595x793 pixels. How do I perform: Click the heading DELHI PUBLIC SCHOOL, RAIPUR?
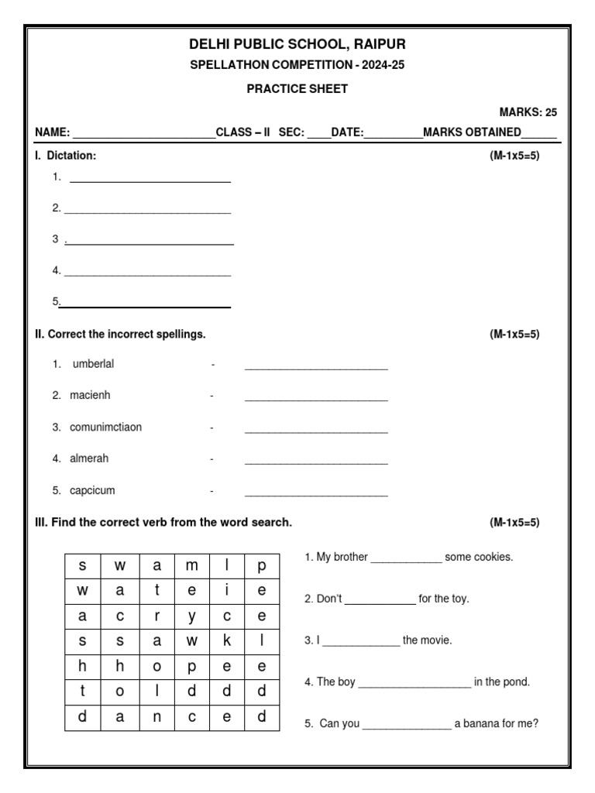(297, 43)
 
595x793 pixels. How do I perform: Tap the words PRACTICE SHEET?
(297, 88)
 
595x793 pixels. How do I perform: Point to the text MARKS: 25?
(528, 112)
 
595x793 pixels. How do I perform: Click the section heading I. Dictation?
(66, 156)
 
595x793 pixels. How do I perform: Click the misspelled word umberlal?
(93, 364)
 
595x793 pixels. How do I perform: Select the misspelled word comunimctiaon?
(106, 427)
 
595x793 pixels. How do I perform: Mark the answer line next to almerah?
(316, 462)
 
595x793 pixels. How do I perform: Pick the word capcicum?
(92, 490)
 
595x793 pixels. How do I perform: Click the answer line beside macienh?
(316, 399)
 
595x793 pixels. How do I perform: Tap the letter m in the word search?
(192, 565)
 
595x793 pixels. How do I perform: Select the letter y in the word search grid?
(192, 616)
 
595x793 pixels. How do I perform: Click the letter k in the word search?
(227, 641)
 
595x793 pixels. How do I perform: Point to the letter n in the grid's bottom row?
(156, 716)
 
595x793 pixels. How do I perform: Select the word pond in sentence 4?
(516, 682)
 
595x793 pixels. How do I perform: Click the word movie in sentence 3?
(436, 640)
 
